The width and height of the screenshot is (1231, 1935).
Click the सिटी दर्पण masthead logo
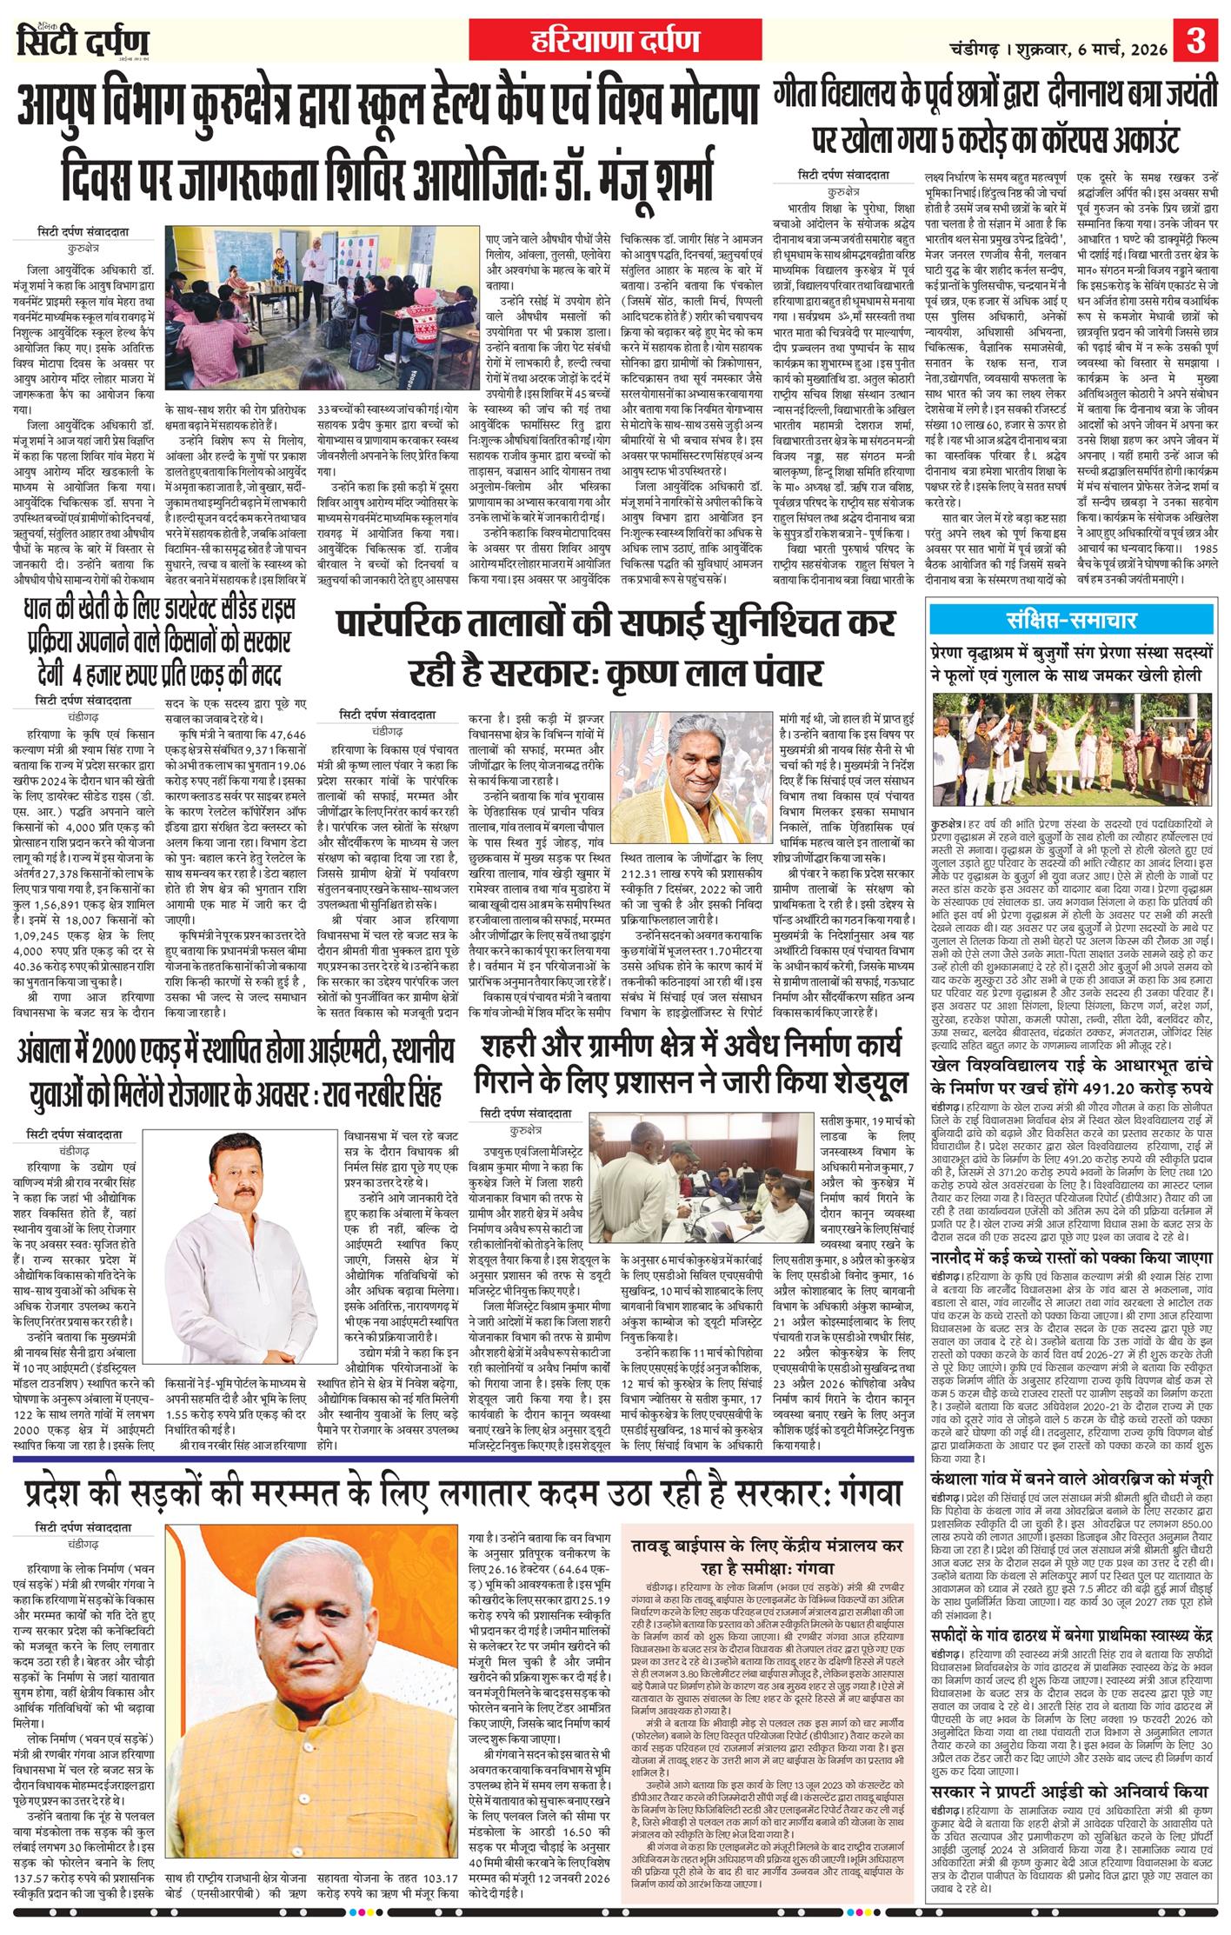[x=83, y=42]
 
